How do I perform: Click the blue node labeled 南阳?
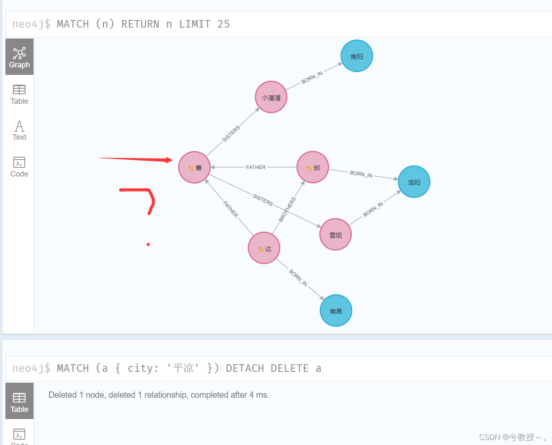[x=356, y=56]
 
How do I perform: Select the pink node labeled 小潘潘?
[x=271, y=97]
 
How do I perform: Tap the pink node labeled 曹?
[x=194, y=167]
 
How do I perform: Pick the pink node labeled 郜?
[x=312, y=167]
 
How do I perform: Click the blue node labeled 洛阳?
[x=414, y=182]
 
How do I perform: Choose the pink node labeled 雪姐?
[x=335, y=235]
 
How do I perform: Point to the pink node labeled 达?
[x=264, y=248]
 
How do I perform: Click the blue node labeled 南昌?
[x=335, y=311]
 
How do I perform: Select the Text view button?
[x=19, y=130]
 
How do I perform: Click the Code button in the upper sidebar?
[x=19, y=167]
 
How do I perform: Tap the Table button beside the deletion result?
[x=19, y=402]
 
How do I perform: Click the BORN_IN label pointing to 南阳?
[x=312, y=77]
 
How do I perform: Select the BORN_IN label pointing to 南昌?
[x=298, y=278]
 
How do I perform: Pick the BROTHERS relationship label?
[x=287, y=209]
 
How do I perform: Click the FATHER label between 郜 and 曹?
[x=255, y=167]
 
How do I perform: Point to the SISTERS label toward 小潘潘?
[x=231, y=133]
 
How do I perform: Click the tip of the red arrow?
[x=171, y=160]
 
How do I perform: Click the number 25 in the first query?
[x=223, y=24]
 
